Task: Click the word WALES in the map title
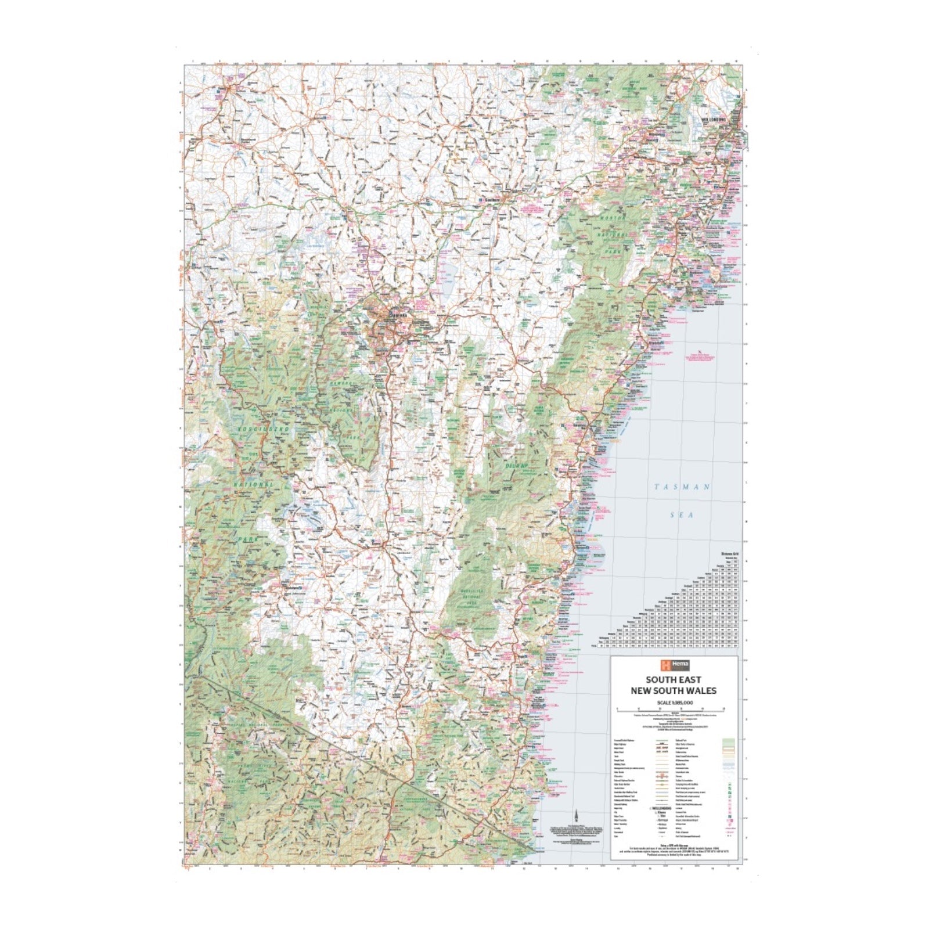point(700,690)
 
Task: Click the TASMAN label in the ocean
point(682,487)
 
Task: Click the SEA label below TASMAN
point(682,515)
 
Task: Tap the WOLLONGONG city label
point(715,119)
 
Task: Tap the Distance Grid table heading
point(727,553)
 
